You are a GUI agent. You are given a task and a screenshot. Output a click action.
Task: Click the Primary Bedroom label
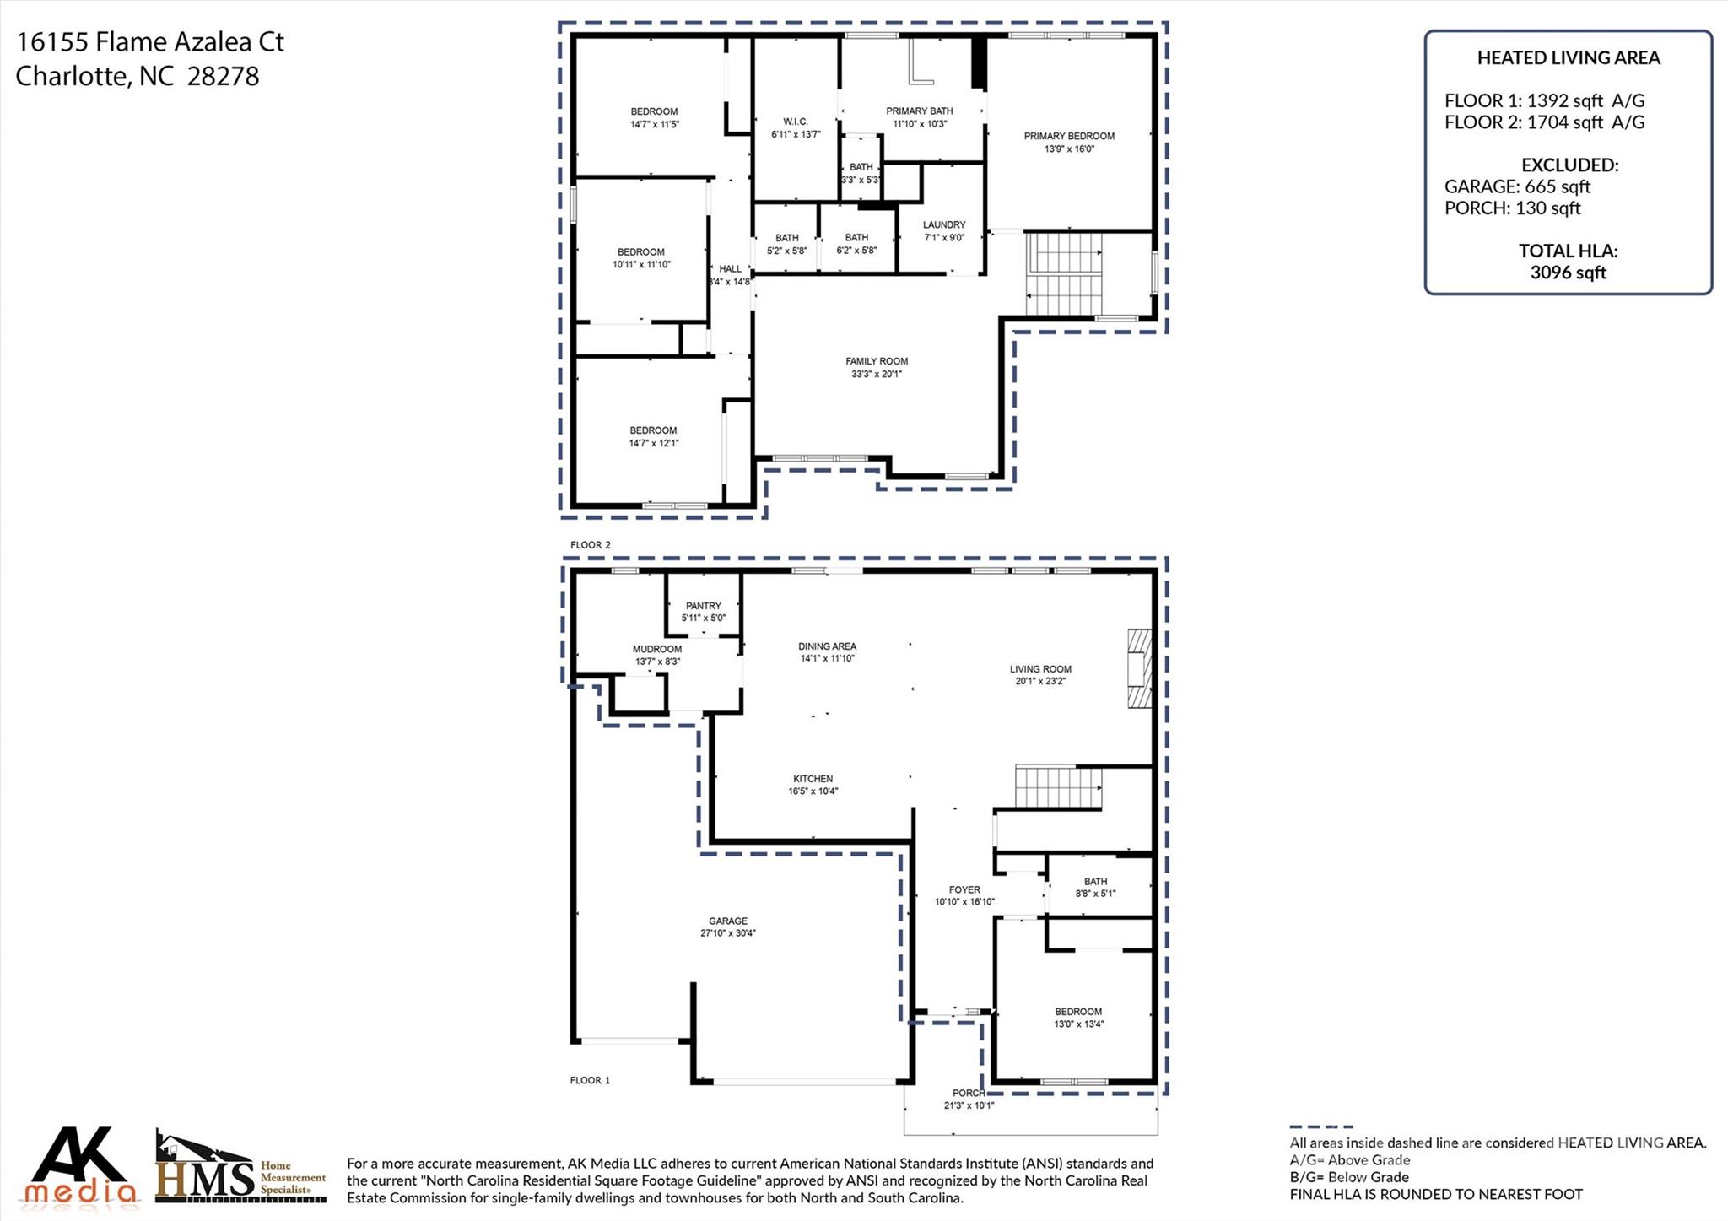tap(1069, 136)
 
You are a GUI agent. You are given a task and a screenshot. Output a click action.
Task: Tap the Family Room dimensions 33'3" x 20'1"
tap(877, 374)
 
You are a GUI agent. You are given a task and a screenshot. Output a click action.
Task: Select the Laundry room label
tap(943, 224)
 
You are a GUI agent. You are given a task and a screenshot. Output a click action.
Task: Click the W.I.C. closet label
tap(795, 122)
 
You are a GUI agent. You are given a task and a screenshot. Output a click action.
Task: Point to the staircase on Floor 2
tap(1064, 273)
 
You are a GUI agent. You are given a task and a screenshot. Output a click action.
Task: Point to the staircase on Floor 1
tap(1058, 787)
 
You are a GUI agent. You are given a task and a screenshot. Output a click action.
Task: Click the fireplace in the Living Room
tap(1139, 668)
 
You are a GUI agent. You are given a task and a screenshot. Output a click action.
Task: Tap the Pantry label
tap(703, 606)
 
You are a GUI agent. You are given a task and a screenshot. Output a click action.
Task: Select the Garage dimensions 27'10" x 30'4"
tap(727, 933)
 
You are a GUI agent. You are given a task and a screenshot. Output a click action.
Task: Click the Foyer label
tap(964, 889)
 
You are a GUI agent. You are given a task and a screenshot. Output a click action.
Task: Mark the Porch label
tap(969, 1093)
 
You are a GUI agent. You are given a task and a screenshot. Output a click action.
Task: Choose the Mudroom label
tap(656, 649)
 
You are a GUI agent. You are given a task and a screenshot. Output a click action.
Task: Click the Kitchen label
tap(813, 779)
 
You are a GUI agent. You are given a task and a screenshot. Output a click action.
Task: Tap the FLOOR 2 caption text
tap(590, 545)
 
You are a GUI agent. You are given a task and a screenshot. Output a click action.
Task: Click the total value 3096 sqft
tap(1568, 273)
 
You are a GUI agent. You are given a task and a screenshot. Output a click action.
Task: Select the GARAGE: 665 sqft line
tap(1517, 186)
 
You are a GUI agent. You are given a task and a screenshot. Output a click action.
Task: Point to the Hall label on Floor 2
tap(730, 269)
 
